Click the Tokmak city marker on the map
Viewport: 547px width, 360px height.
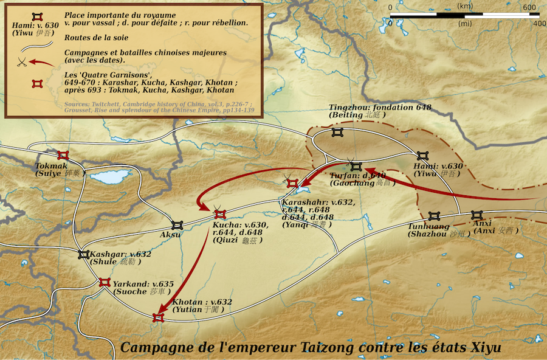tap(63, 156)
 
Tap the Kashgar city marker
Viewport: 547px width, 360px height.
tap(84, 254)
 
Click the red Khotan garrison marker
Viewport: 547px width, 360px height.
tap(159, 317)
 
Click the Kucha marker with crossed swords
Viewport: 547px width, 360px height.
tap(220, 213)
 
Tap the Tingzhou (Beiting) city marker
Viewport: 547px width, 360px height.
tap(338, 132)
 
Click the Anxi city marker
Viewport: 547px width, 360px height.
tap(476, 215)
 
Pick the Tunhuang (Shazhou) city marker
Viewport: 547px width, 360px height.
tap(433, 216)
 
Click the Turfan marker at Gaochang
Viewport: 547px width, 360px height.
tap(356, 166)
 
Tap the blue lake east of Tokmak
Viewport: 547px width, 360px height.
tap(111, 178)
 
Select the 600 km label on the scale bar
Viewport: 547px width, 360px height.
tap(530, 7)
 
